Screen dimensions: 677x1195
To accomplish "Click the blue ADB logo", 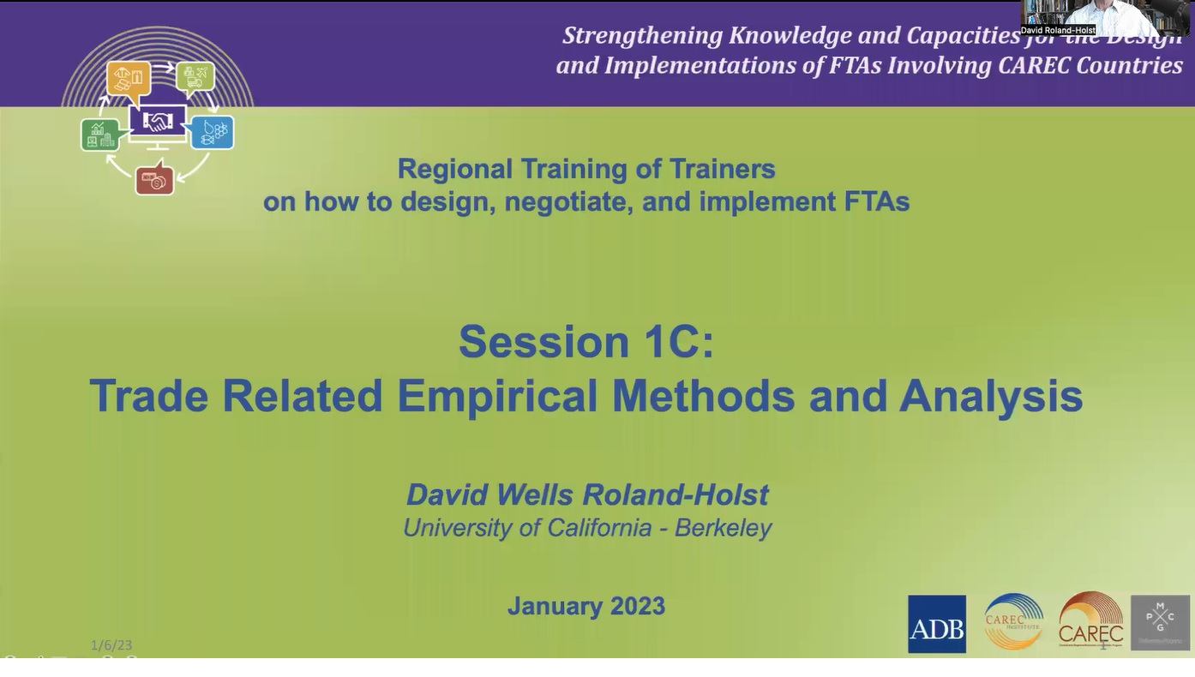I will [936, 624].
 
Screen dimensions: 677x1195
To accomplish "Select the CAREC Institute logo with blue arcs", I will [1013, 622].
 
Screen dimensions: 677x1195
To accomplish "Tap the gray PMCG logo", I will [1160, 622].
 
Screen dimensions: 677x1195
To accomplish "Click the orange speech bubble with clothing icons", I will [129, 78].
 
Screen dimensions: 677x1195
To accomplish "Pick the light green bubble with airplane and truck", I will [195, 76].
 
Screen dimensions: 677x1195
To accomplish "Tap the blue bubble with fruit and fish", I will [212, 132].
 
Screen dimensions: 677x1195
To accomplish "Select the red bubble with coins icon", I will [154, 180].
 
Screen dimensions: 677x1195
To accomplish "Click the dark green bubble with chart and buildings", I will [100, 135].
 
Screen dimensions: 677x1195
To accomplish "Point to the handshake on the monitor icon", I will [158, 122].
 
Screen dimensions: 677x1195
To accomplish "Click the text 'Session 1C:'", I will [586, 341].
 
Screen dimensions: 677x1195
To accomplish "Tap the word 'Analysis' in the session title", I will [990, 396].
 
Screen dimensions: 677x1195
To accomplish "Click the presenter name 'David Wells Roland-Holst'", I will [587, 494].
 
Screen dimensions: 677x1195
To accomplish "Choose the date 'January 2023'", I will [586, 606].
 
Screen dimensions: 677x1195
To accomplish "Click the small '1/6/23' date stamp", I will [111, 644].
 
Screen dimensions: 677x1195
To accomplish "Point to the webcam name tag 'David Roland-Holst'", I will [1058, 30].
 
